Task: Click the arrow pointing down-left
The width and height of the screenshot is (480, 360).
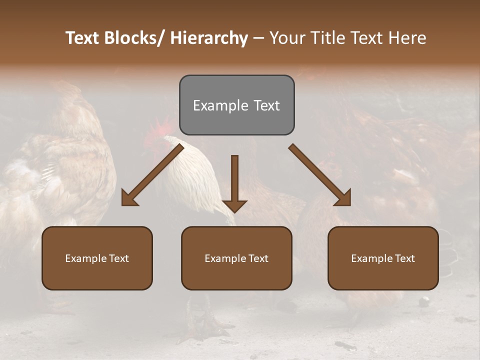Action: coord(152,175)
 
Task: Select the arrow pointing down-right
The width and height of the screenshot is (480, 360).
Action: coord(320,175)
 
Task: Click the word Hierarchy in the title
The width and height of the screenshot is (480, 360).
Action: coord(209,38)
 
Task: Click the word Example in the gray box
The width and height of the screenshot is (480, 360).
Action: coord(220,105)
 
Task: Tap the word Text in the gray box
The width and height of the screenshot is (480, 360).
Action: coord(266,105)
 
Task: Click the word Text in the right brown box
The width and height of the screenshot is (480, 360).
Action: coord(404,258)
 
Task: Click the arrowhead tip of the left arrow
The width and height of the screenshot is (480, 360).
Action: coord(123,204)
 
